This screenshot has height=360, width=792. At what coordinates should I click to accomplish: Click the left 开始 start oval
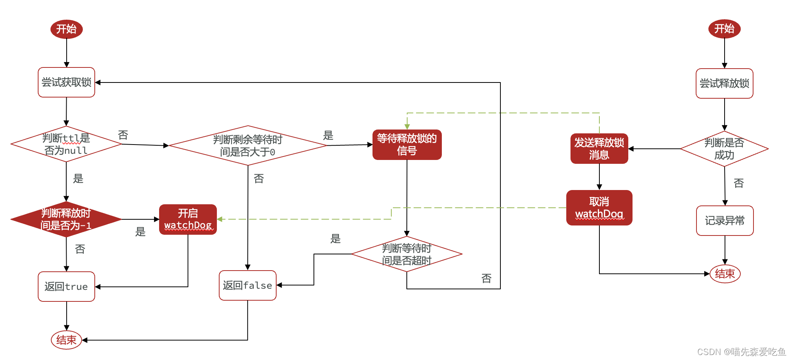point(67,29)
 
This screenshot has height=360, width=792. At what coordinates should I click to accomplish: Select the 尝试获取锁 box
point(66,82)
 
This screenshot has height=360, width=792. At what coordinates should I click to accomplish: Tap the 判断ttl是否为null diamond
point(66,144)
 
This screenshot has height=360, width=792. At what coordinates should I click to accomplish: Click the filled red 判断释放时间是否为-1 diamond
point(66,219)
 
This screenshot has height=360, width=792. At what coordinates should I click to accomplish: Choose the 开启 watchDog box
point(188,219)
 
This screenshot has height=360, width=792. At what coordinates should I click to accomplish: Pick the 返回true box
point(66,286)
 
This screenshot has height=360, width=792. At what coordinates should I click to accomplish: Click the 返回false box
point(247,285)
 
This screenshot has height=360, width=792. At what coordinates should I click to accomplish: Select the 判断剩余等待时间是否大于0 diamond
point(248,145)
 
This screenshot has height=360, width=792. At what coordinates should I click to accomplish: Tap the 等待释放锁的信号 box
point(407,145)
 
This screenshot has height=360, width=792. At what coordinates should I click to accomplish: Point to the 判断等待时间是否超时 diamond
point(407,254)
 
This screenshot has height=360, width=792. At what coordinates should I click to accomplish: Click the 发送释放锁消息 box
point(599,148)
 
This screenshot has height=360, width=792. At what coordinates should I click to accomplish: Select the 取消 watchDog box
point(599,207)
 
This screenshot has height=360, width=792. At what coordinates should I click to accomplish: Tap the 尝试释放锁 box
point(724,83)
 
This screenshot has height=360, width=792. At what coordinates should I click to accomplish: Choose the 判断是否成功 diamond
point(724,149)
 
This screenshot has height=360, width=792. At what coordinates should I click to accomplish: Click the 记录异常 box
point(725,220)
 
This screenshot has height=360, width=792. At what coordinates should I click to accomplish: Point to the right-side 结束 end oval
point(725,274)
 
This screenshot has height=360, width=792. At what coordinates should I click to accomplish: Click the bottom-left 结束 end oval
point(66,340)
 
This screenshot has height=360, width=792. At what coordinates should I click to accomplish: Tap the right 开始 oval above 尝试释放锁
point(724,29)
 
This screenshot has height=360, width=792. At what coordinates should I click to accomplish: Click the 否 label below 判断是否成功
point(738,183)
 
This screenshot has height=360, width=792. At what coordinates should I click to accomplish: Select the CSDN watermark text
point(741,352)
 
